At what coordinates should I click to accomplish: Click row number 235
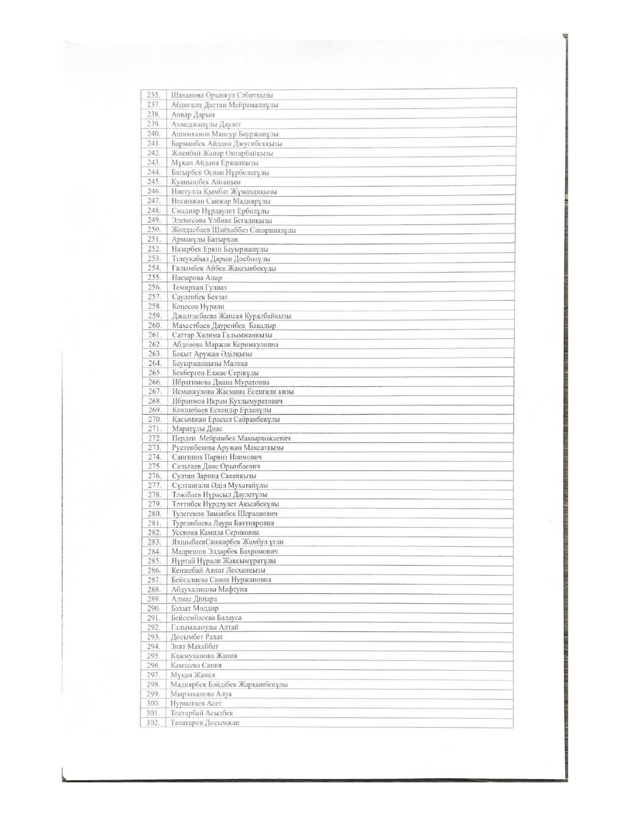pyautogui.click(x=154, y=95)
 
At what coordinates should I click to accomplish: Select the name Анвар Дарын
pyautogui.click(x=193, y=115)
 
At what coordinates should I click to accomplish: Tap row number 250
pyautogui.click(x=154, y=230)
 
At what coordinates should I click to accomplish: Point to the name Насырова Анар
pyautogui.click(x=197, y=278)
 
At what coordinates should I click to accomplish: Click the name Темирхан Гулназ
pyautogui.click(x=199, y=287)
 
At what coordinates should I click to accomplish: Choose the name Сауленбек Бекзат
pyautogui.click(x=200, y=297)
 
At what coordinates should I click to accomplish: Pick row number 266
pyautogui.click(x=155, y=382)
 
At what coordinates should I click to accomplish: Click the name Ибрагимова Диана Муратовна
pyautogui.click(x=220, y=382)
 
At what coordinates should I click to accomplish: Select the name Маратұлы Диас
pyautogui.click(x=197, y=429)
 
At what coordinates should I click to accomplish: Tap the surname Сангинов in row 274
pyautogui.click(x=187, y=457)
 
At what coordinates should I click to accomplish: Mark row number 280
pyautogui.click(x=155, y=513)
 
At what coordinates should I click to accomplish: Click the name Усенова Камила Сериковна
pyautogui.click(x=215, y=532)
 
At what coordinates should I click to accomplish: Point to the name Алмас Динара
pyautogui.click(x=194, y=599)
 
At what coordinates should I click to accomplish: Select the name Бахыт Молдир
pyautogui.click(x=195, y=608)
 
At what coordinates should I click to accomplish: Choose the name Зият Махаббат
pyautogui.click(x=194, y=646)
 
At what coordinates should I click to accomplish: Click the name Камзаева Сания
pyautogui.click(x=196, y=665)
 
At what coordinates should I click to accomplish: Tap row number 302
pyautogui.click(x=153, y=722)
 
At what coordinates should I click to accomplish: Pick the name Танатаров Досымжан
pyautogui.click(x=205, y=722)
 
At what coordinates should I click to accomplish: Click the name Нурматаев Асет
pyautogui.click(x=196, y=703)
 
